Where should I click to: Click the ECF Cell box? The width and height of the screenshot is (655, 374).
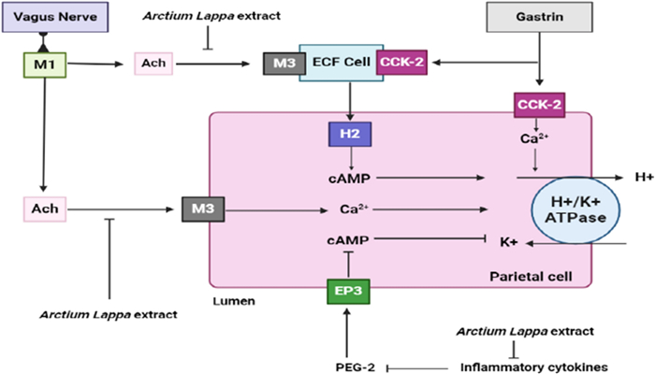pyautogui.click(x=337, y=64)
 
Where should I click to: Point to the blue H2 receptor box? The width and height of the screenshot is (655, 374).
pyautogui.click(x=348, y=135)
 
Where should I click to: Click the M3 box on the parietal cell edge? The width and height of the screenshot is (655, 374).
pyautogui.click(x=200, y=209)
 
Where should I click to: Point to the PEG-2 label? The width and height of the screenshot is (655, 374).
pyautogui.click(x=349, y=366)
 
